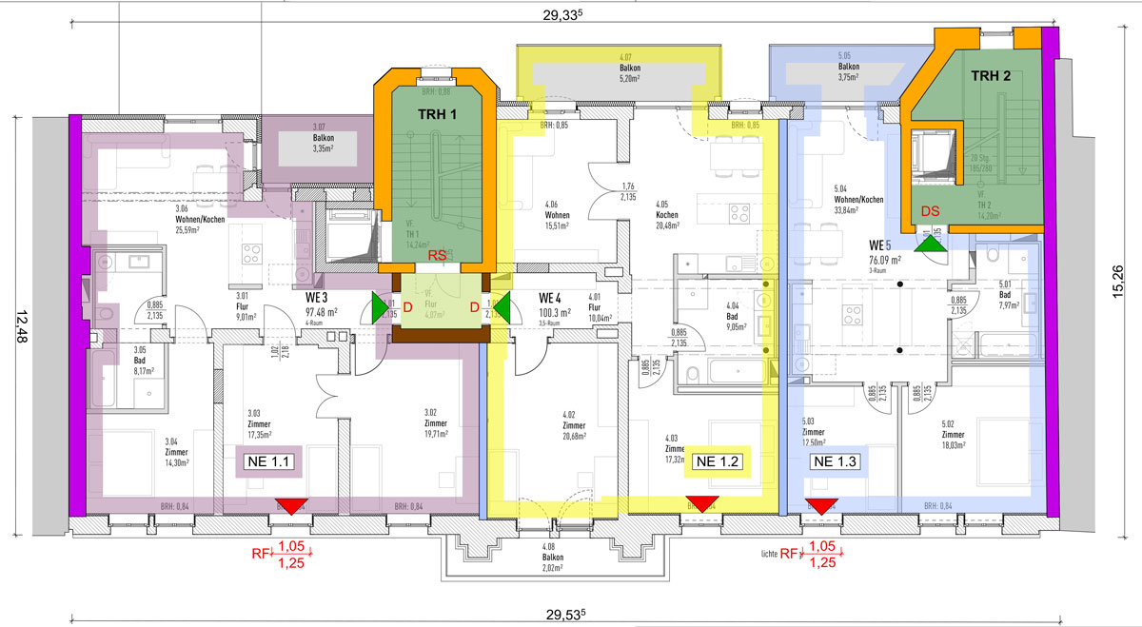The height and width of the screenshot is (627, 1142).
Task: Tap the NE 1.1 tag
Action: pyautogui.click(x=268, y=461)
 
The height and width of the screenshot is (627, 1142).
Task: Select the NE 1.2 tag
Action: pyautogui.click(x=718, y=461)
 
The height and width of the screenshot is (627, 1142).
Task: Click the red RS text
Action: pyautogui.click(x=437, y=256)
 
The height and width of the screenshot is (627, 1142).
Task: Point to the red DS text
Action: pyautogui.click(x=930, y=210)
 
